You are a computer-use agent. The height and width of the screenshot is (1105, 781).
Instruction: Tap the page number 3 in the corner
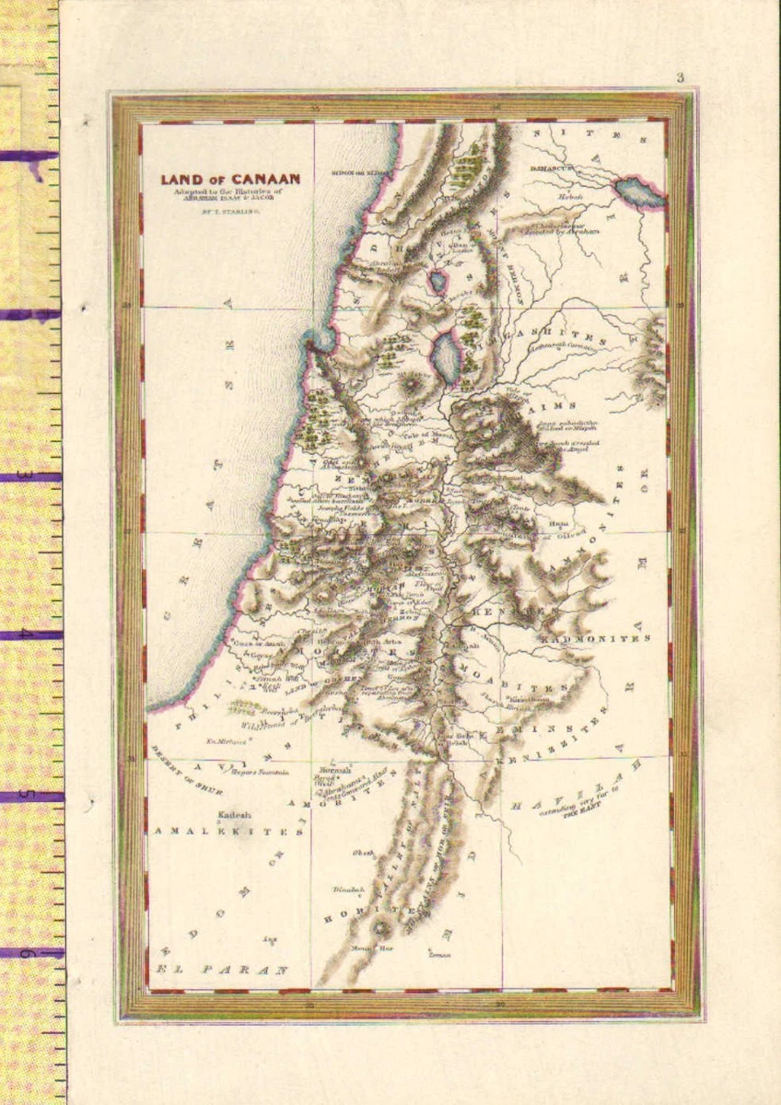click(x=681, y=78)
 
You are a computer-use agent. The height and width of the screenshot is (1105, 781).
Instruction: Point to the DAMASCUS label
click(x=553, y=169)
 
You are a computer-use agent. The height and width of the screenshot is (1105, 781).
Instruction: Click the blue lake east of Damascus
click(x=639, y=193)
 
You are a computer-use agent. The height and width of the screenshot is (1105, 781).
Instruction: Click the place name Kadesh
click(x=233, y=815)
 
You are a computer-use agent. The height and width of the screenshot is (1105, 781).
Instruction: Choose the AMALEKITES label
click(x=227, y=832)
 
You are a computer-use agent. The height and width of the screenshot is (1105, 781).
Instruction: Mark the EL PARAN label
click(x=222, y=970)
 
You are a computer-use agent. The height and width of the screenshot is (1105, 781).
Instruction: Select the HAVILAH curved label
click(x=571, y=787)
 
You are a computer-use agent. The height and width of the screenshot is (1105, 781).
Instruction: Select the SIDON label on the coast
click(x=347, y=171)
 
